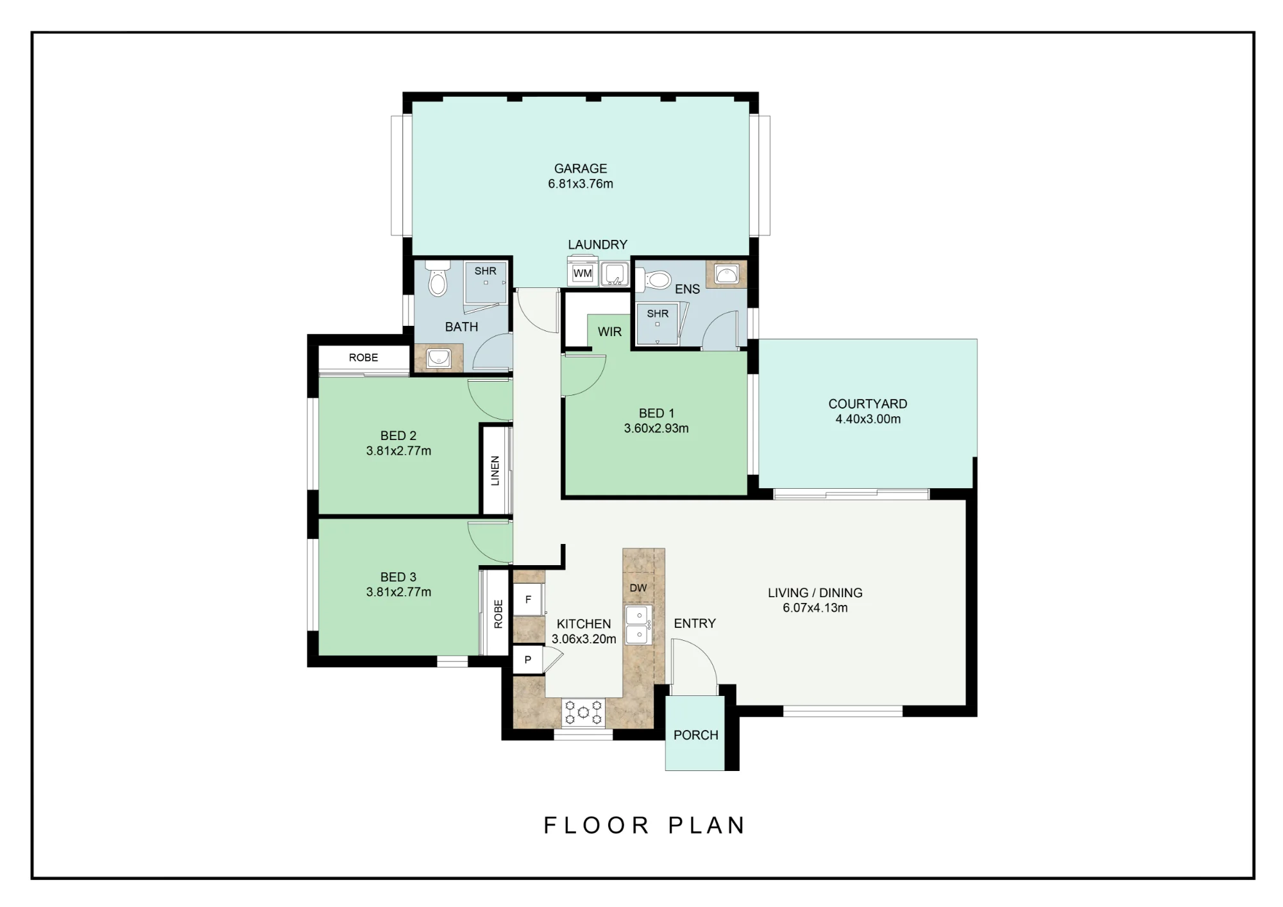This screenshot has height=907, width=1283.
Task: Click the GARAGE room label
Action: click(581, 169)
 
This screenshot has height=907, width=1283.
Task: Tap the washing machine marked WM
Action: click(582, 273)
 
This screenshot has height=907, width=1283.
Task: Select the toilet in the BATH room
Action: click(438, 278)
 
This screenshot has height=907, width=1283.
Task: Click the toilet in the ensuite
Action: click(652, 279)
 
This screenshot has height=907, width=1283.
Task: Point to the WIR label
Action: click(609, 332)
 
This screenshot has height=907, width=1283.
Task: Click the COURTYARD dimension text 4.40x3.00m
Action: click(868, 420)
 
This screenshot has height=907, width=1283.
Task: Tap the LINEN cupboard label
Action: click(495, 471)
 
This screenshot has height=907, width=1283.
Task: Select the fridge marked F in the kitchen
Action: click(529, 600)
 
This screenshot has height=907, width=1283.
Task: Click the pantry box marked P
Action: click(528, 659)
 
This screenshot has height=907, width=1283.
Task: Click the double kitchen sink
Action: click(639, 625)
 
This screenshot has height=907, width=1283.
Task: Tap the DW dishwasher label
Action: click(638, 588)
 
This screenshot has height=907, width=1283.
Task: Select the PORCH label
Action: click(696, 735)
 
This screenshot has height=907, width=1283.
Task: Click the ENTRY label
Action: click(695, 623)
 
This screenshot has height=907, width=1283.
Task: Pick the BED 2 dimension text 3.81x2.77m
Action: click(398, 451)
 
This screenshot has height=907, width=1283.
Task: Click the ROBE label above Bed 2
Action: click(364, 358)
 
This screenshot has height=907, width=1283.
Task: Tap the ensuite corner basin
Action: click(727, 275)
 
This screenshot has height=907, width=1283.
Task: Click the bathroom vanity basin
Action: click(439, 358)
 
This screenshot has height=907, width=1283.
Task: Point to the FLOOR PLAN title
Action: click(644, 826)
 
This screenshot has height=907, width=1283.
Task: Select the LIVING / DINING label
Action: click(815, 593)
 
